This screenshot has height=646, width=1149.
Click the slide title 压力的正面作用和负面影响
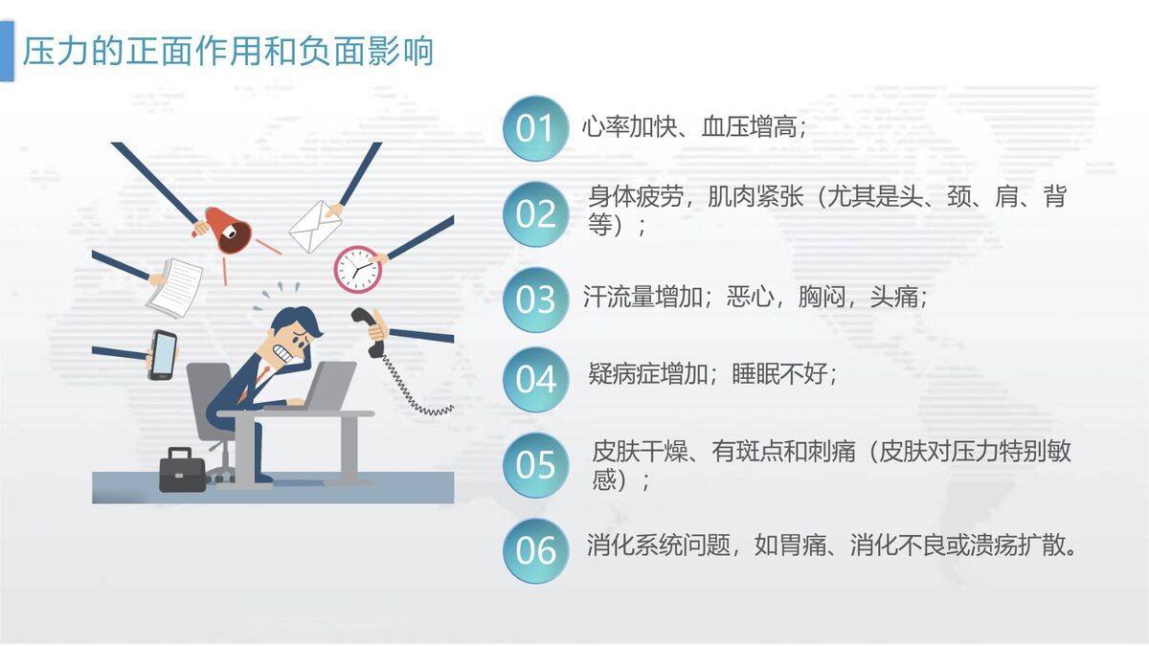(x=228, y=51)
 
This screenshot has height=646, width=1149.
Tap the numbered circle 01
(x=535, y=128)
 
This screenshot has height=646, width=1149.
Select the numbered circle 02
(x=535, y=213)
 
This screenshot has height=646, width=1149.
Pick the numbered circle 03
(x=535, y=300)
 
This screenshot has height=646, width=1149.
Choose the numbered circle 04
(x=535, y=380)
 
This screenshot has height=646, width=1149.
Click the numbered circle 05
(x=535, y=465)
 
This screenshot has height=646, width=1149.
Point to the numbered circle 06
(x=535, y=550)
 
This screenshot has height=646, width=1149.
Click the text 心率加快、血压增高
(x=694, y=127)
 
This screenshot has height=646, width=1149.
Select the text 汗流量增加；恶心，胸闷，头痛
(x=755, y=297)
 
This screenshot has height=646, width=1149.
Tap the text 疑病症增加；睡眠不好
(x=713, y=373)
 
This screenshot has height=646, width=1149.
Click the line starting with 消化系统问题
(x=833, y=546)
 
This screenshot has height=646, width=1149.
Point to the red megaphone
(x=228, y=230)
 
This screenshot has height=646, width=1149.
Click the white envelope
(x=315, y=226)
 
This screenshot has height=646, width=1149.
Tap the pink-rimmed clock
(x=357, y=269)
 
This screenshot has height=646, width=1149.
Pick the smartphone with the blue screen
(x=163, y=354)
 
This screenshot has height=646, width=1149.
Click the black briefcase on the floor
(x=182, y=470)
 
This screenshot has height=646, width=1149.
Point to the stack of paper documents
(x=175, y=287)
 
